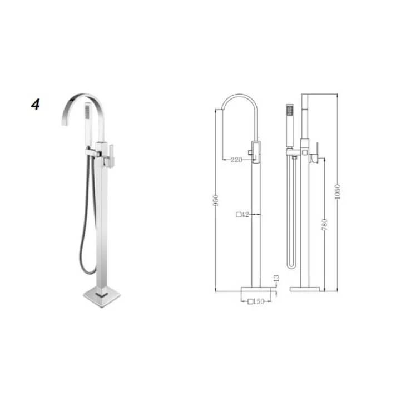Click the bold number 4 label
(x=36, y=105)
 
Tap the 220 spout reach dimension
(x=236, y=160)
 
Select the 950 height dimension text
(x=215, y=200)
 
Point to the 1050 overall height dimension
(x=338, y=192)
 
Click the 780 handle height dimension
(x=324, y=225)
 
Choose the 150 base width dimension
(x=259, y=301)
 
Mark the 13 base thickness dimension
(x=276, y=278)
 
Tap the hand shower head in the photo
(x=87, y=111)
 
